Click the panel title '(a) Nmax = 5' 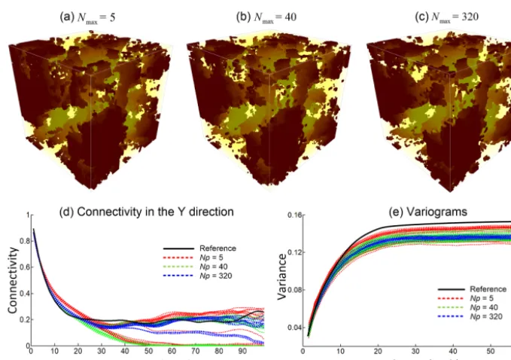pyautogui.click(x=87, y=17)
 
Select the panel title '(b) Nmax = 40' pyautogui.click(x=266, y=17)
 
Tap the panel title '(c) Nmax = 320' pyautogui.click(x=447, y=17)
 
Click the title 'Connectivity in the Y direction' pyautogui.click(x=156, y=212)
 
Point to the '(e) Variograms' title pyautogui.click(x=428, y=212)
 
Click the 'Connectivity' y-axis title pyautogui.click(x=12, y=280)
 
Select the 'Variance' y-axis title pyautogui.click(x=281, y=276)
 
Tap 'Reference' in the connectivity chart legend pyautogui.click(x=217, y=249)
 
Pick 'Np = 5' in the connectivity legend pyautogui.click(x=211, y=258)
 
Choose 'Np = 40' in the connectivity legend pyautogui.click(x=214, y=267)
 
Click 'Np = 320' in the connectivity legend pyautogui.click(x=216, y=276)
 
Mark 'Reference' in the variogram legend pyautogui.click(x=488, y=289)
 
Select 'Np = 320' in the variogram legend pyautogui.click(x=486, y=316)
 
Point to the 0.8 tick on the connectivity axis pyautogui.click(x=24, y=241)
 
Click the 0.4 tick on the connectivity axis pyautogui.click(x=24, y=294)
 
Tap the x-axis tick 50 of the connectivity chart pyautogui.click(x=148, y=351)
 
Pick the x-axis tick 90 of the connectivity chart pyautogui.click(x=242, y=351)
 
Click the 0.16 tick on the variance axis pyautogui.click(x=294, y=215)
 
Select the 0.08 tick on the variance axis pyautogui.click(x=294, y=290)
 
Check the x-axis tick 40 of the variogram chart pyautogui.click(x=453, y=351)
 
